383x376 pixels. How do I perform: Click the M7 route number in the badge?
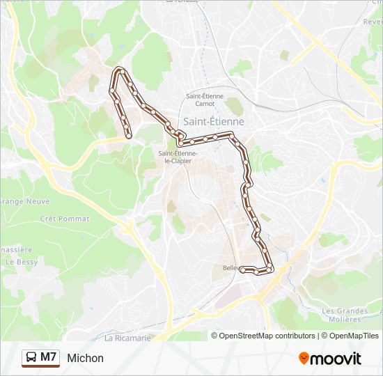pos(49,357)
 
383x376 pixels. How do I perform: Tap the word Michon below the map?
pos(86,358)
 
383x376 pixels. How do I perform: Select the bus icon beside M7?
pos(31,358)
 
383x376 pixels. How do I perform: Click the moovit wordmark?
pos(336,359)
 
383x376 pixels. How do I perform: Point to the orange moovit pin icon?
pos(304,358)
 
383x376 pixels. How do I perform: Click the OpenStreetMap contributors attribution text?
pos(267,336)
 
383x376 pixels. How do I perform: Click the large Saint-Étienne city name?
pos(214,120)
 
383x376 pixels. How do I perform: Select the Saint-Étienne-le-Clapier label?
pos(178,157)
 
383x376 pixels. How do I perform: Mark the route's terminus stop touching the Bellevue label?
pos(242,269)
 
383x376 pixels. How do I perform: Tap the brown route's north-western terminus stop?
pos(129,136)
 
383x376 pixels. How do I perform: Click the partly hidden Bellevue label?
pos(230,268)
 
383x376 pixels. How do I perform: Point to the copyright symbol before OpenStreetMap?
pos(215,336)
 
